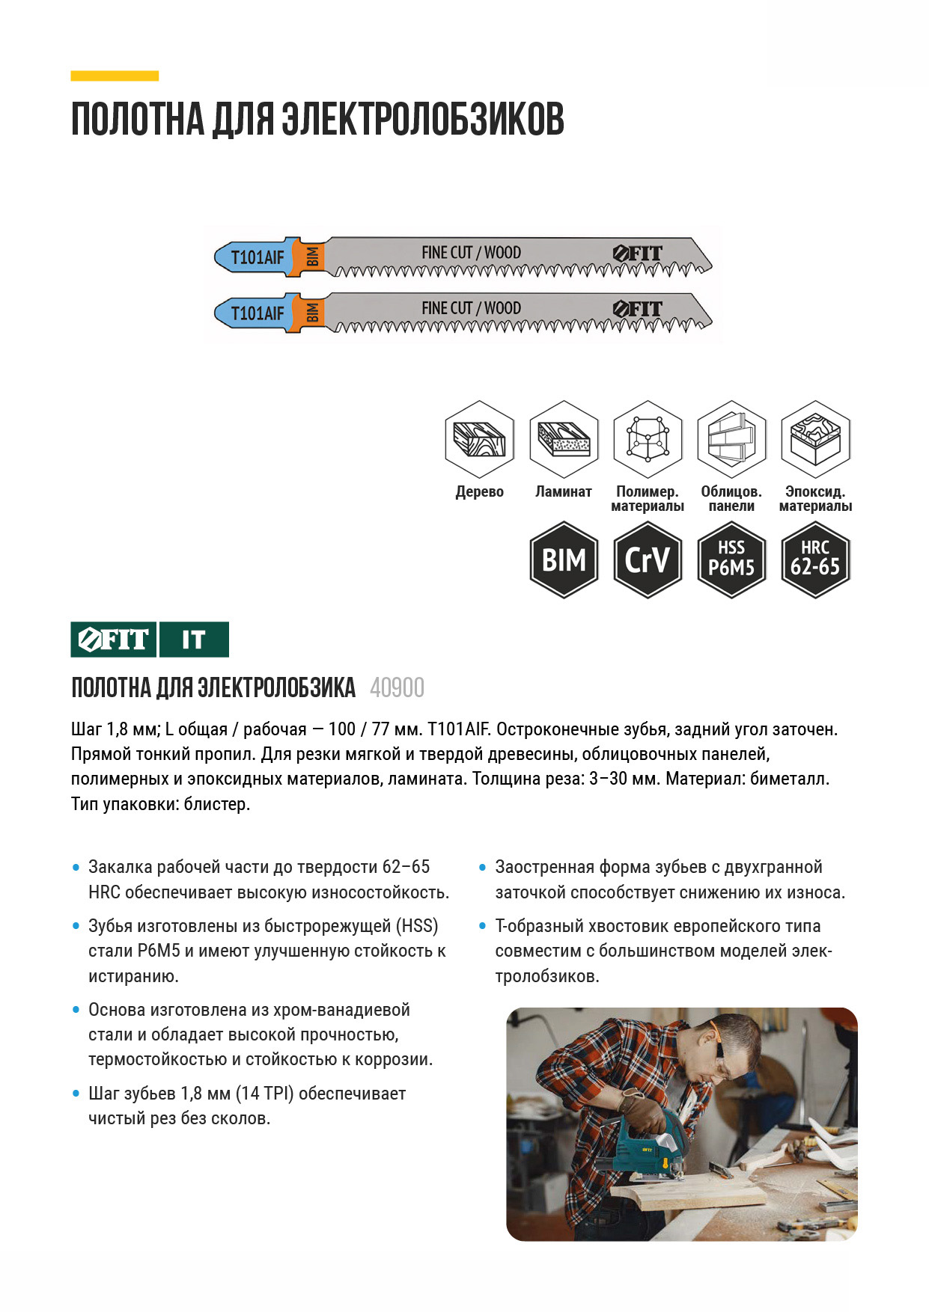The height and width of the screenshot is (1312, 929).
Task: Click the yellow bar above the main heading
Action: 115,76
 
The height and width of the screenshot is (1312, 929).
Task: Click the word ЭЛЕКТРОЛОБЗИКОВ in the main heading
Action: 422,120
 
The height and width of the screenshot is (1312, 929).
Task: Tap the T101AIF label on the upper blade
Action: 257,257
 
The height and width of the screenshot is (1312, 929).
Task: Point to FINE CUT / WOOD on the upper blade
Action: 471,253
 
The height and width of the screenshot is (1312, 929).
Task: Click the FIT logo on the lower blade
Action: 638,309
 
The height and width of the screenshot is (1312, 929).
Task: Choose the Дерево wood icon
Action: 480,439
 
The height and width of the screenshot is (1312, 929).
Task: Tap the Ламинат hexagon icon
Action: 564,439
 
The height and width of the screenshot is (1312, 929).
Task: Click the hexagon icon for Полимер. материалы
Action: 648,439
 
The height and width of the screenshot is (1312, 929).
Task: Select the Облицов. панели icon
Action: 731,439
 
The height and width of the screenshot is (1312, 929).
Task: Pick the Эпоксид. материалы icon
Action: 815,439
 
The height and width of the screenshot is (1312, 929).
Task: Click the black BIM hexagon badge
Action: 564,560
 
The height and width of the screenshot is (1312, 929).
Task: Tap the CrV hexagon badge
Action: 648,560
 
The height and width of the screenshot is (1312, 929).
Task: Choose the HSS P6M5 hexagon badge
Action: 731,560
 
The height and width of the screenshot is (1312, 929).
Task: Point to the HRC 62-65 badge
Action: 815,560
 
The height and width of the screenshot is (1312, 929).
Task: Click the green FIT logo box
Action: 114,640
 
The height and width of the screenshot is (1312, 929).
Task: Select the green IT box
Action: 194,640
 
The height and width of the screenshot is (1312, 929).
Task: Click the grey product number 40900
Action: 397,687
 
